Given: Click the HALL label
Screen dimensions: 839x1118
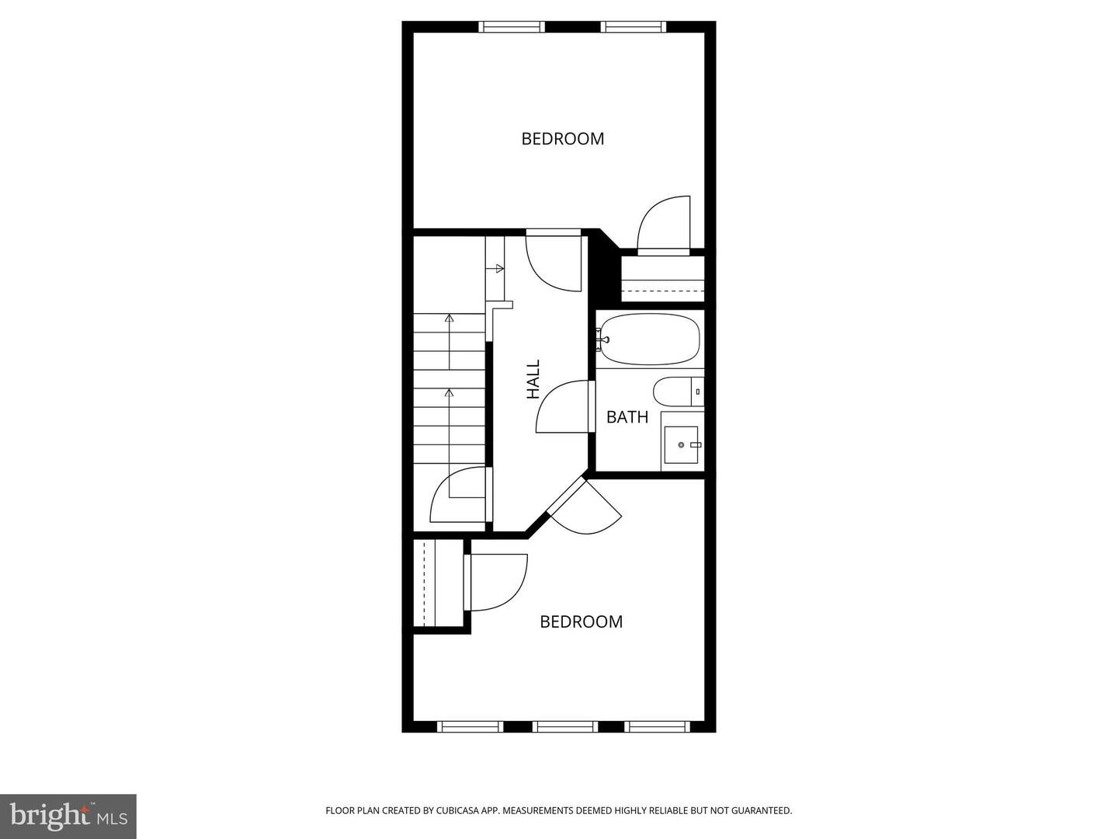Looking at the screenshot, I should tap(533, 379).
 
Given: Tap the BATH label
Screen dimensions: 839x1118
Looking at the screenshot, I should tap(627, 417).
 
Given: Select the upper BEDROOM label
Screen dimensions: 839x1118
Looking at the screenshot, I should tap(562, 139).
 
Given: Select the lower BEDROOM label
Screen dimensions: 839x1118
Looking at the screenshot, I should tap(581, 621).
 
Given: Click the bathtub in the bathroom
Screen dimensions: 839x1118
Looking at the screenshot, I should tap(651, 339).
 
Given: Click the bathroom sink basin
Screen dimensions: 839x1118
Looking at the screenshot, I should tap(681, 444).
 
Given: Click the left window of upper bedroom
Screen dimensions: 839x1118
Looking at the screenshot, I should tap(512, 27).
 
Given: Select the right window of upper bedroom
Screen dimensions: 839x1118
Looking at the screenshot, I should tap(634, 27).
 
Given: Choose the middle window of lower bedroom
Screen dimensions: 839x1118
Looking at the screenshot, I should tap(565, 727).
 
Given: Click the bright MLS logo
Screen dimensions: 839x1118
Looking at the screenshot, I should tap(68, 816).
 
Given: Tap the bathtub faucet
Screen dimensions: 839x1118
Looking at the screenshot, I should tap(602, 339).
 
